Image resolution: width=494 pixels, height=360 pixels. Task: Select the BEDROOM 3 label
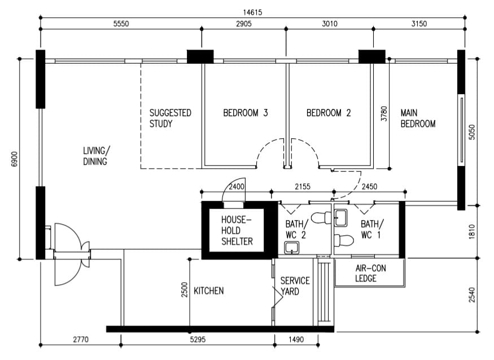coord(245,113)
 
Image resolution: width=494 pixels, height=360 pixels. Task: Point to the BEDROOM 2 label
coord(329,113)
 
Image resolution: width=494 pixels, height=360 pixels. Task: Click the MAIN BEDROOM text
coord(418,118)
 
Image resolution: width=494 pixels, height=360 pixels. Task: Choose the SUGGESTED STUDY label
coord(170,118)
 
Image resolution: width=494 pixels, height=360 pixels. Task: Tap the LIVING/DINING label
coord(97,156)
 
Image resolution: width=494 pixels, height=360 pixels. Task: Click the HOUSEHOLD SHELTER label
coord(237,230)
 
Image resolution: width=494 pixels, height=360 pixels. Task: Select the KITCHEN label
coord(209,291)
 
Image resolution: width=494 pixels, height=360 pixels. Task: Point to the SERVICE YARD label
coord(295,286)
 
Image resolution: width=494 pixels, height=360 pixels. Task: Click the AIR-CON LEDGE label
coord(370,273)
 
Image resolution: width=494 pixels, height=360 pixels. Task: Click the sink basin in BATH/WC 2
coord(292,247)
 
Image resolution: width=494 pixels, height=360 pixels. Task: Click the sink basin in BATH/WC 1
coord(340,217)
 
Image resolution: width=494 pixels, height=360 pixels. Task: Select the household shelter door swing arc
coord(232,189)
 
